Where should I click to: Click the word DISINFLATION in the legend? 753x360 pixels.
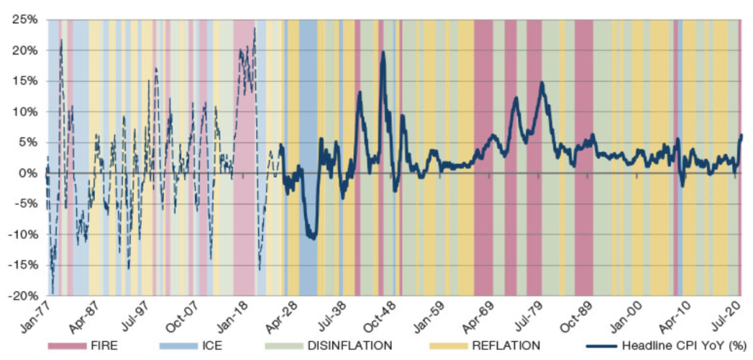pos(355,345)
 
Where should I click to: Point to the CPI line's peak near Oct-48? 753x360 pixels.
pos(382,52)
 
